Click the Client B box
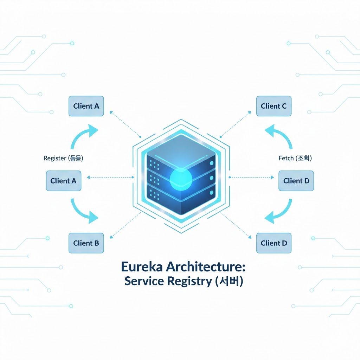pos(86,243)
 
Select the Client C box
pos(274,106)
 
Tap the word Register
pos(54,158)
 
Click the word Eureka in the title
pos(142,267)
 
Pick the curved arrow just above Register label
pos(84,137)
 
